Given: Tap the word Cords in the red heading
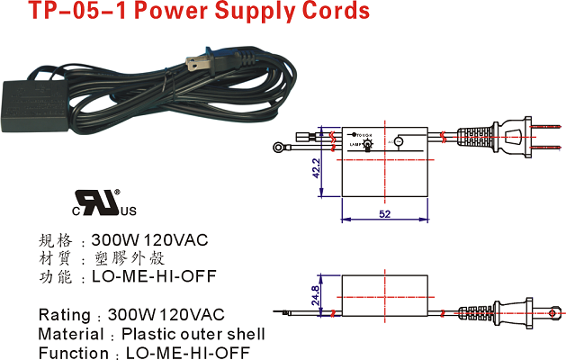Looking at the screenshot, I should [334, 12].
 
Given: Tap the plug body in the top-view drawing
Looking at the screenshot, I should [509, 139].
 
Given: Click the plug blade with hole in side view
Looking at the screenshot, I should [552, 311].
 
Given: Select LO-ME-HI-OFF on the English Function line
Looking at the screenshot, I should [187, 353].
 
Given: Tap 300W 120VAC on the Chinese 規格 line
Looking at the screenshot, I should [149, 240].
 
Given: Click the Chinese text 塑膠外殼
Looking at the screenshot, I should [131, 258].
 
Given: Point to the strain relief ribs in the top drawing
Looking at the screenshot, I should [474, 139].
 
